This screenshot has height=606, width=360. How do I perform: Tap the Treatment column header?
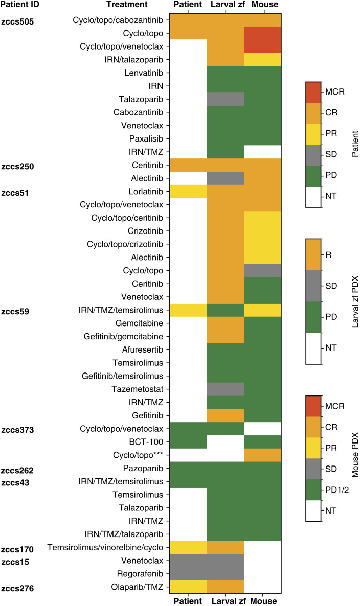(x=127, y=5)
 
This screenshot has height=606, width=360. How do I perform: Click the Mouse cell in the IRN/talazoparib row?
(x=262, y=59)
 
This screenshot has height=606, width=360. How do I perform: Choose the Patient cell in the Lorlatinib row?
(x=188, y=191)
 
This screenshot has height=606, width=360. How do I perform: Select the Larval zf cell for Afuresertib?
(x=226, y=349)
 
